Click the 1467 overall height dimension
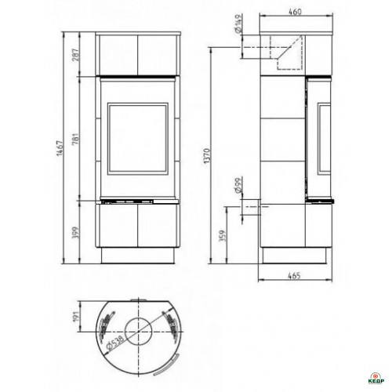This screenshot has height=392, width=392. pyautogui.click(x=60, y=148)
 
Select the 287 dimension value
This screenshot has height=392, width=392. pyautogui.click(x=75, y=55)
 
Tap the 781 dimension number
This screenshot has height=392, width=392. pyautogui.click(x=75, y=139)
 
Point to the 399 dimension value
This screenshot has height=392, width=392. pyautogui.click(x=75, y=234)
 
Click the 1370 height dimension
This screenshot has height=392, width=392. pyautogui.click(x=207, y=156)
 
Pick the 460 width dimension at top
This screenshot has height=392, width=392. pyautogui.click(x=296, y=12)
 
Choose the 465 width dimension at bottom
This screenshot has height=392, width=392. pyautogui.click(x=295, y=275)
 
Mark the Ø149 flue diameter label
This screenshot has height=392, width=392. pyautogui.click(x=238, y=24)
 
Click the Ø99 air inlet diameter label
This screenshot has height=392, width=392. pyautogui.click(x=238, y=185)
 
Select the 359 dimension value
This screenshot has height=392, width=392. pyautogui.click(x=222, y=236)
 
